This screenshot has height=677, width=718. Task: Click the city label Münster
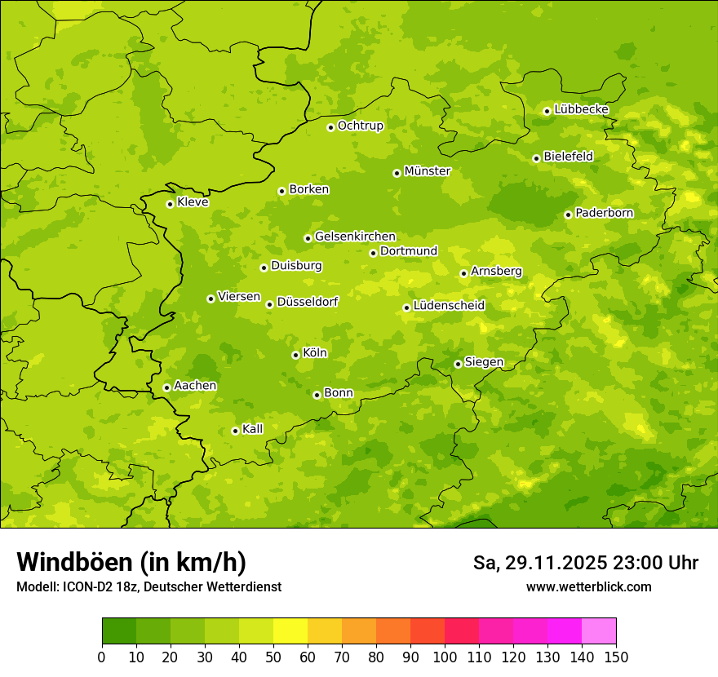point(428,171)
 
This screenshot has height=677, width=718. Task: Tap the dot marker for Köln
point(295,355)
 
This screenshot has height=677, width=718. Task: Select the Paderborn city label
point(604,213)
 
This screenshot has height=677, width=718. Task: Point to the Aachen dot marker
point(166,387)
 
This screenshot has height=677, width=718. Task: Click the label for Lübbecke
point(581,109)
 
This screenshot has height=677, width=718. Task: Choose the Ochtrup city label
point(360,126)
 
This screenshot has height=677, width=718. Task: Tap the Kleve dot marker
point(170,204)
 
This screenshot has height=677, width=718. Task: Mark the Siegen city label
point(484,362)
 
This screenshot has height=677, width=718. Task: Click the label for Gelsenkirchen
point(355,237)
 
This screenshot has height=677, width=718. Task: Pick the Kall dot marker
point(235,431)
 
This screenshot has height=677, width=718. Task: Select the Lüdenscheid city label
point(449,306)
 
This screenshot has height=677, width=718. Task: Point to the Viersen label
point(238,297)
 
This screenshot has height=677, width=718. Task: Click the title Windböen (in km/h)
point(131,562)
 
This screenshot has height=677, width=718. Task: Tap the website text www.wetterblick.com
point(589,586)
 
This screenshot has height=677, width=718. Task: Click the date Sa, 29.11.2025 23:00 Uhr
point(585,563)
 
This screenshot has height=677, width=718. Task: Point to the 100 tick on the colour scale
point(445,657)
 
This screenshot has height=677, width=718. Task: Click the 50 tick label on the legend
point(273,657)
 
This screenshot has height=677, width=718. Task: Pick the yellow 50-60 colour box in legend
point(290,631)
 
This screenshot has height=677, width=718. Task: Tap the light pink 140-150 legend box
point(599,631)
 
